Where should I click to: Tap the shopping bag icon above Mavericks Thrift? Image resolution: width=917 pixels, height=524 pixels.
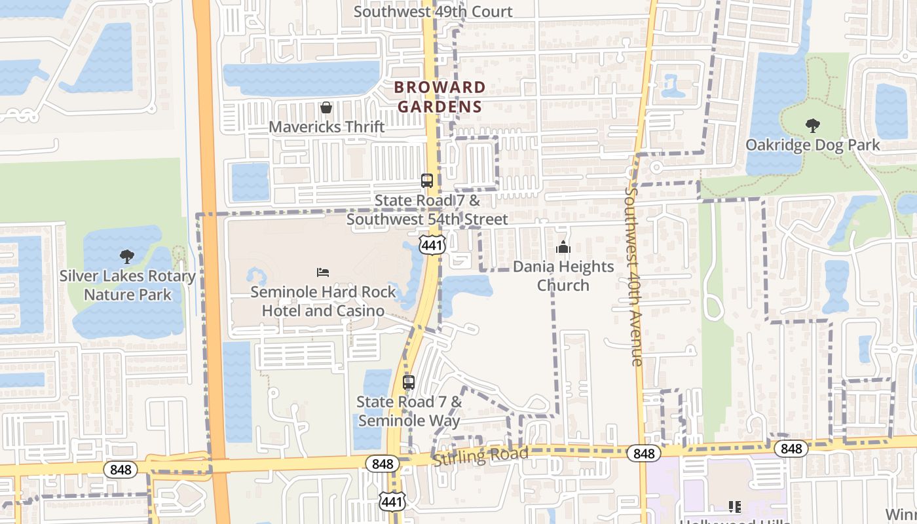tap(326, 107)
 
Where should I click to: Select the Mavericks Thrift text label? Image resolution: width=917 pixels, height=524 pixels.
tap(326, 127)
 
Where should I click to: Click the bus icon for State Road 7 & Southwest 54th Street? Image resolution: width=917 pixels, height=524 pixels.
tap(427, 181)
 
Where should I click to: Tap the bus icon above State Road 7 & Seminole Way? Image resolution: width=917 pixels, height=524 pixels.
tap(409, 383)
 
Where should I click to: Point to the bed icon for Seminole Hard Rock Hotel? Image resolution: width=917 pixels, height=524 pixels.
tap(323, 272)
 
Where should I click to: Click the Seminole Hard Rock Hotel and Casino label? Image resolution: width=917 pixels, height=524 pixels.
tap(323, 301)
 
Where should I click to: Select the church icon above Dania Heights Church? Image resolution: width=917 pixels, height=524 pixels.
tap(563, 248)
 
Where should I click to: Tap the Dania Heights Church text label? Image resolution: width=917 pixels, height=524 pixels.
tap(563, 276)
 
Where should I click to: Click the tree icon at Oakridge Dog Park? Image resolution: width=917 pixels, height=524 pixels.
tap(812, 125)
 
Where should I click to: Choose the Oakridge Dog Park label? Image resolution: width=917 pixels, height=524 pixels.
tap(812, 145)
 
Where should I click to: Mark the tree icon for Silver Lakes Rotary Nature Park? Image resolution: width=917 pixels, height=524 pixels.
tap(127, 257)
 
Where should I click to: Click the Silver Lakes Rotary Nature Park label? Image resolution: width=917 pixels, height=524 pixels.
tap(127, 286)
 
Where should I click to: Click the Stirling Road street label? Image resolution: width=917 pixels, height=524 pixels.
tap(480, 456)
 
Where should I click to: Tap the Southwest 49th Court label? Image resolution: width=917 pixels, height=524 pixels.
tap(433, 12)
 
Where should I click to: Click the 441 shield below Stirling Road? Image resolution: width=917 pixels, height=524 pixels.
tap(392, 502)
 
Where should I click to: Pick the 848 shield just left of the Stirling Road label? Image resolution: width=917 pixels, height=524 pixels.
tap(382, 464)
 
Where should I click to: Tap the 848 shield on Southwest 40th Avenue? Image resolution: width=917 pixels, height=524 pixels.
tap(644, 453)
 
